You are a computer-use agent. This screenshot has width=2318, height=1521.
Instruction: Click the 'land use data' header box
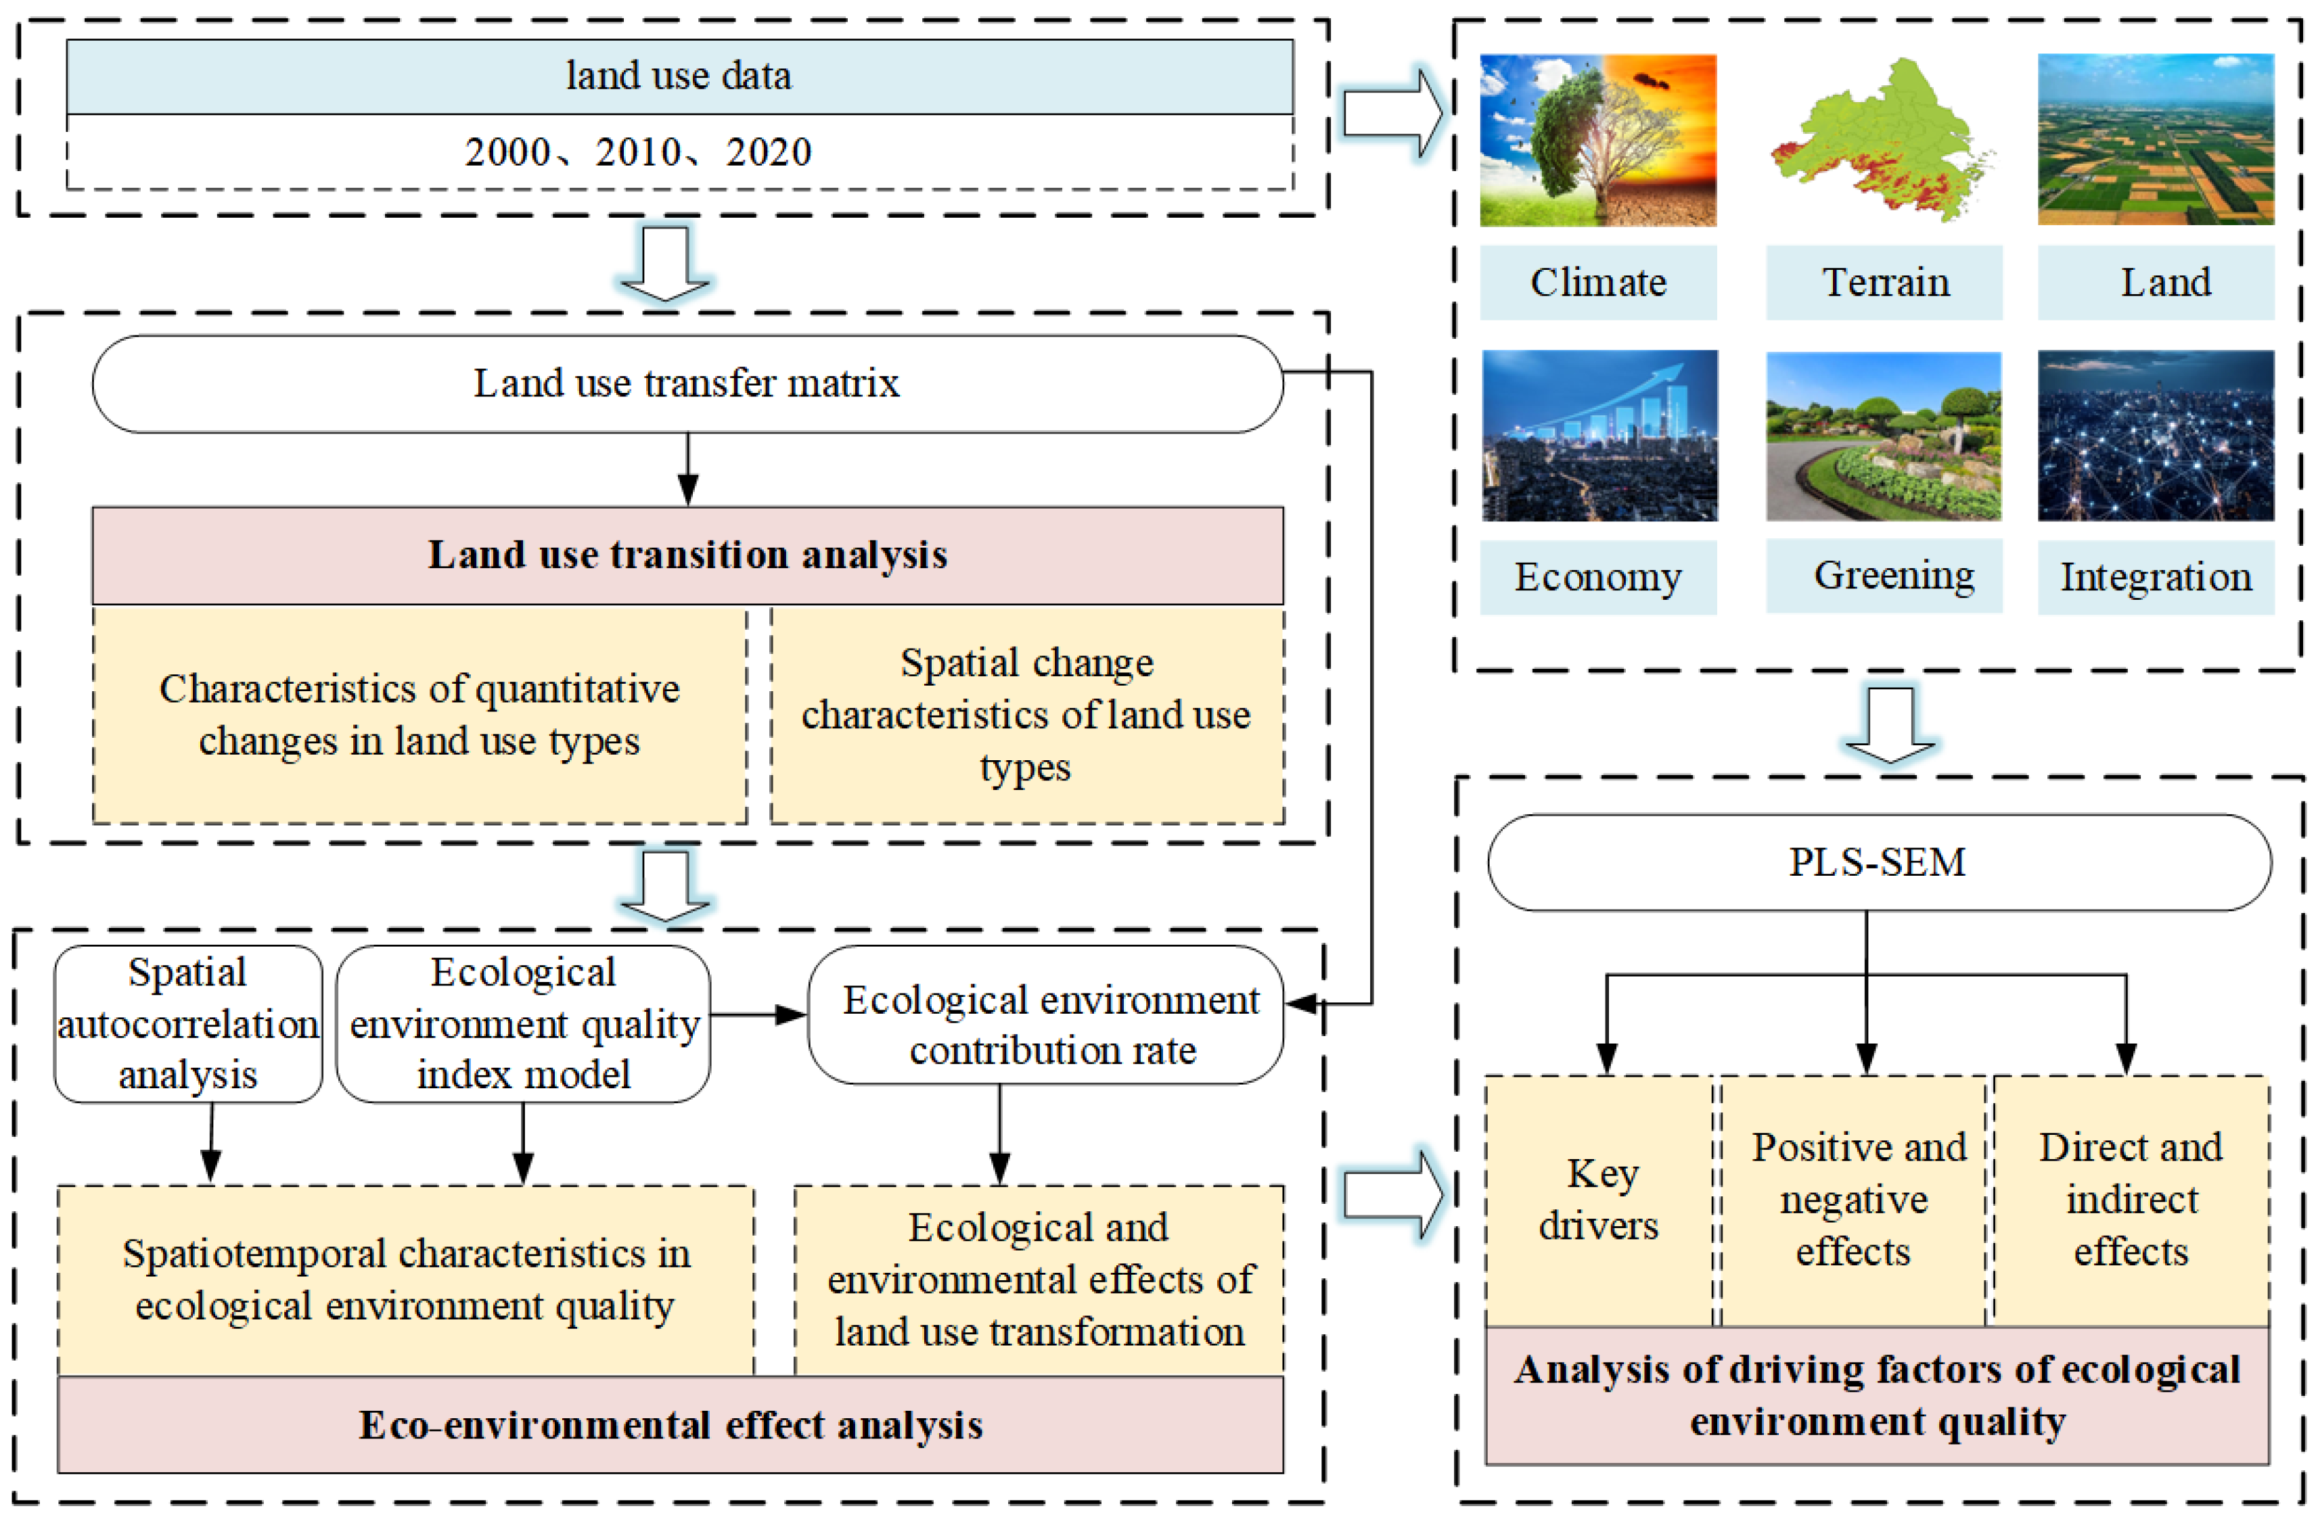(679, 76)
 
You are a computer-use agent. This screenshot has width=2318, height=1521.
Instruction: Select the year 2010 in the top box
(638, 152)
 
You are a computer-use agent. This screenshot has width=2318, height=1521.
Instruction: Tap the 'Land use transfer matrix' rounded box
(687, 383)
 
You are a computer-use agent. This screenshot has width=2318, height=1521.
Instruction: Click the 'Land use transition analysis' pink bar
(687, 555)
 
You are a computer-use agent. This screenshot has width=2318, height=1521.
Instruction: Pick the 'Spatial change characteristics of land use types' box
(1026, 715)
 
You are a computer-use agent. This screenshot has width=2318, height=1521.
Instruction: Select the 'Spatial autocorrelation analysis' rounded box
(188, 1023)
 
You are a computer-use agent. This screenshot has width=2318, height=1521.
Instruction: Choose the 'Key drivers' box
(1599, 1200)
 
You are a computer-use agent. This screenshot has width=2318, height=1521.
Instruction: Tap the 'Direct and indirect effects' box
(2131, 1200)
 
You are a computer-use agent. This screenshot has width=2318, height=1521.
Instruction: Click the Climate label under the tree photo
(1597, 283)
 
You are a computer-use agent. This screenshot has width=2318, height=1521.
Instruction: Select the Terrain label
(1884, 283)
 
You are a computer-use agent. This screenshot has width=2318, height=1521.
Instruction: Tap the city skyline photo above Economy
(1599, 436)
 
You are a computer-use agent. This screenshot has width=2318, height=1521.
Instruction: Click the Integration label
(2156, 576)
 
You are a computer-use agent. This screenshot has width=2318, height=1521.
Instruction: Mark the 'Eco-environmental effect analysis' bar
(670, 1424)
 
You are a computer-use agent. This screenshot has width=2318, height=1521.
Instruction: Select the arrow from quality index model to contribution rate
(758, 1014)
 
